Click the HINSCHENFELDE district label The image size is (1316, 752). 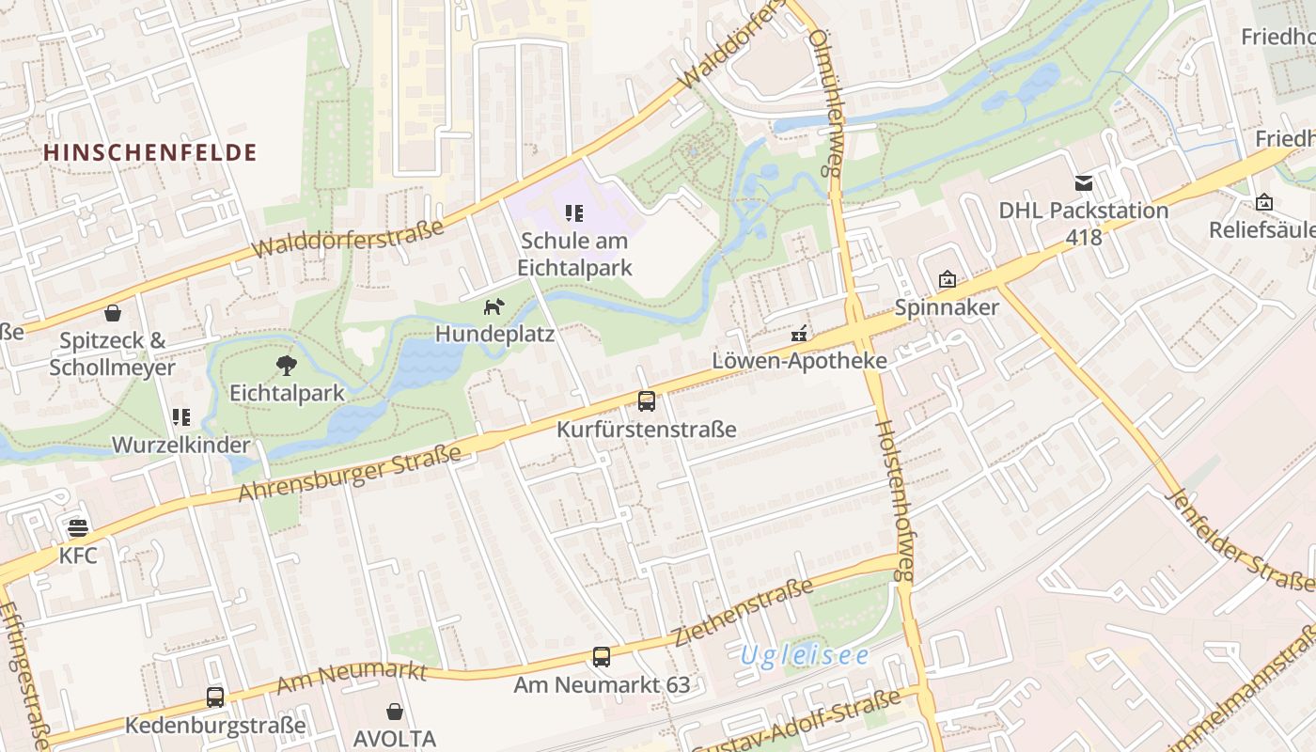point(150,152)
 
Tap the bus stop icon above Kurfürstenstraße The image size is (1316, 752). point(647,401)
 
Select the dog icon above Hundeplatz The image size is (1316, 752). point(493,306)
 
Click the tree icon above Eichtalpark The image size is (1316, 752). point(287,366)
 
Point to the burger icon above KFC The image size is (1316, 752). point(78,528)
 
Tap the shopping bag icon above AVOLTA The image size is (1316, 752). point(395,712)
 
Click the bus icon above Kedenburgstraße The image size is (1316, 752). point(215,697)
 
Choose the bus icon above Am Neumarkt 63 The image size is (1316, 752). point(602,657)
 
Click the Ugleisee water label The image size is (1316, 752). point(805,655)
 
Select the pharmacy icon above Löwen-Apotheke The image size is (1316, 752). point(800,333)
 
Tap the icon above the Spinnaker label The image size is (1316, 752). point(947,279)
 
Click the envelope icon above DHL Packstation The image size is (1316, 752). point(1084,182)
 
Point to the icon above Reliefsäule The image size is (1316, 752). point(1264,202)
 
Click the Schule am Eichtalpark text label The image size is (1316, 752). point(574,254)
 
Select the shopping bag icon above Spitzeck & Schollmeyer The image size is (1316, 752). point(113,313)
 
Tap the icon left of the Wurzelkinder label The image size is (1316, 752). point(180,416)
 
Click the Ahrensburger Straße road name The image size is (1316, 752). point(350,473)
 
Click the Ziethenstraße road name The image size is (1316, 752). point(743,613)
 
